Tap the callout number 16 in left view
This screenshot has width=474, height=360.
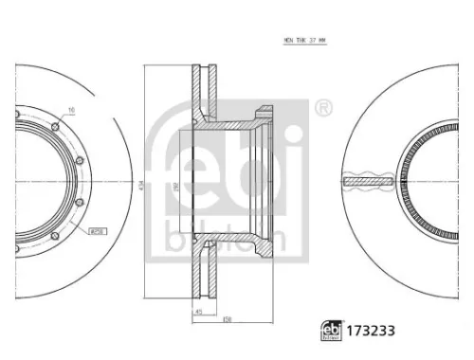72,110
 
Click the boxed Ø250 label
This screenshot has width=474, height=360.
96,229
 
